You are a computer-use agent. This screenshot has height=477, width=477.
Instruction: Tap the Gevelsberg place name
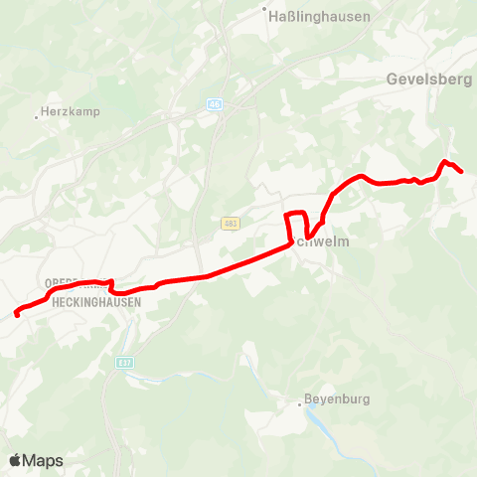coord(428,79)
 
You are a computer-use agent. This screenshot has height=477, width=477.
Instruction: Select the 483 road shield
coord(230,223)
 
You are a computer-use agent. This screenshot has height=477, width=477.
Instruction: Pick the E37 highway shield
coord(124,362)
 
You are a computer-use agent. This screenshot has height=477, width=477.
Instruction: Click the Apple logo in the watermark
coord(16,460)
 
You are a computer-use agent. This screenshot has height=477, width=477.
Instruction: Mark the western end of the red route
coord(17,315)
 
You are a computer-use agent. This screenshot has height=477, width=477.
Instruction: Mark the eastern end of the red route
coord(462,172)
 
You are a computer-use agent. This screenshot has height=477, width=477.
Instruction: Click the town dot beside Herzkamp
coord(37,116)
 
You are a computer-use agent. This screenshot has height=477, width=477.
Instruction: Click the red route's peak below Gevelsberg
coord(444,161)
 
